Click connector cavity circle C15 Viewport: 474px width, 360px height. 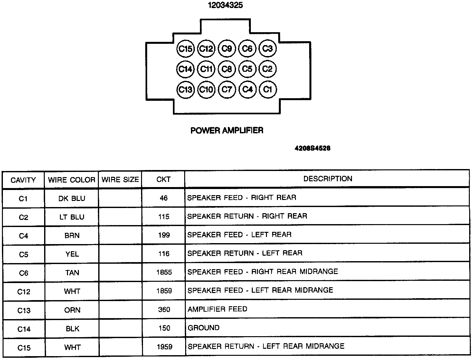[x=185, y=49]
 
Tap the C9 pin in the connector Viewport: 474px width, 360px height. [x=227, y=49]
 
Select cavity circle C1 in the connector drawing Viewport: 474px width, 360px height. [x=268, y=89]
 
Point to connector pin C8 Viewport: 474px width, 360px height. [x=227, y=69]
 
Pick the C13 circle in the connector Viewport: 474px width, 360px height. [x=185, y=89]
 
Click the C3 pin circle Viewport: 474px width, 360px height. [x=268, y=49]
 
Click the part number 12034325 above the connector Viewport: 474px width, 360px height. [x=225, y=5]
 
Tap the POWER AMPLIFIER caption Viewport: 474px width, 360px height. [x=227, y=130]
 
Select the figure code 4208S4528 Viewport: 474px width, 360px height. [x=312, y=148]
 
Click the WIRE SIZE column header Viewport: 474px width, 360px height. [x=120, y=180]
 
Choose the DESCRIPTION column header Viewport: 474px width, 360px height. [x=328, y=179]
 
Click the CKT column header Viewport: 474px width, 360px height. [x=164, y=179]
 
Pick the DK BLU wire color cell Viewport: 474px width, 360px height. [x=72, y=198]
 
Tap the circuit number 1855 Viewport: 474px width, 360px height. [x=164, y=272]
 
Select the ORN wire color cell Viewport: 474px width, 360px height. [x=72, y=310]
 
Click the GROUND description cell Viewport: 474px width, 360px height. [x=204, y=328]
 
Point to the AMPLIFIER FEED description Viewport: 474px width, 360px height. [x=218, y=309]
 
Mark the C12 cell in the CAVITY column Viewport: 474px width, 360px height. [x=24, y=292]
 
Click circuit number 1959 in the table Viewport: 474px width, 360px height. [x=164, y=347]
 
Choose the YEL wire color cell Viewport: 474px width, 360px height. [x=72, y=254]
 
